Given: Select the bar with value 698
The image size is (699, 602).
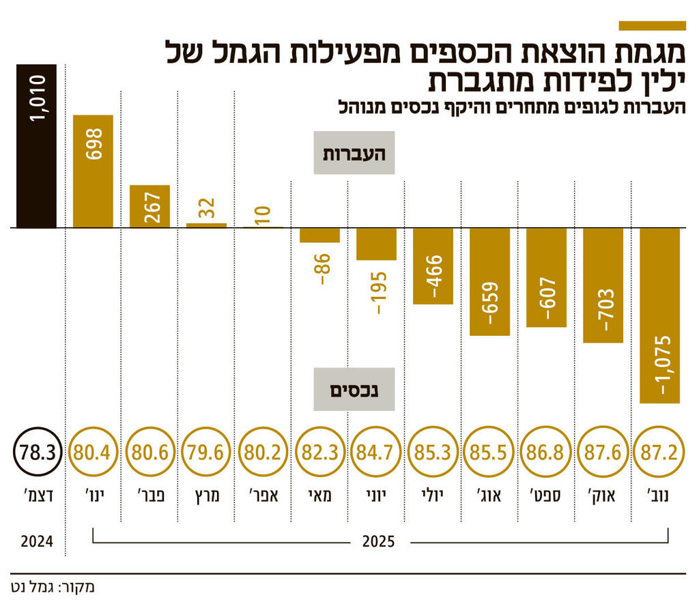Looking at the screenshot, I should pyautogui.click(x=93, y=171).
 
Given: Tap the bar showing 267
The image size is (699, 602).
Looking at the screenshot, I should pyautogui.click(x=149, y=206).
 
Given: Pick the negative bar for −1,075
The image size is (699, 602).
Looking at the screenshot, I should pyautogui.click(x=660, y=315).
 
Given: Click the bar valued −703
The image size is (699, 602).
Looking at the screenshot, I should pyautogui.click(x=603, y=285).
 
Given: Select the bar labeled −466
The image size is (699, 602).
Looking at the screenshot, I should pyautogui.click(x=433, y=266).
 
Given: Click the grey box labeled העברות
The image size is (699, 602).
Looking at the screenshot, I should pyautogui.click(x=354, y=152).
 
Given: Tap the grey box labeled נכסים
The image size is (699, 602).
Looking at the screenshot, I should pyautogui.click(x=354, y=390).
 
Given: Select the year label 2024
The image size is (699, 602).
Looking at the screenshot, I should pyautogui.click(x=37, y=543).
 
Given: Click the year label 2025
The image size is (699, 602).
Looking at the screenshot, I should pyautogui.click(x=377, y=543).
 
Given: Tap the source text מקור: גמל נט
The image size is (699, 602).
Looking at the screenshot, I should pyautogui.click(x=52, y=586).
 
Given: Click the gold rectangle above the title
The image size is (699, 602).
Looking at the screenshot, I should pyautogui.click(x=651, y=25).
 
